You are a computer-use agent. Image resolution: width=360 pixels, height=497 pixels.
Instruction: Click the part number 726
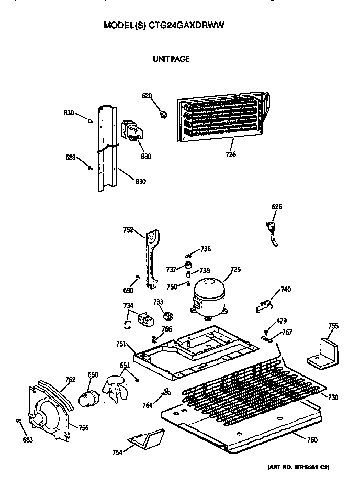tap(231, 154)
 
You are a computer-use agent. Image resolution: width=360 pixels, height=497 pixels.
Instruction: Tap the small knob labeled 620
tap(163, 113)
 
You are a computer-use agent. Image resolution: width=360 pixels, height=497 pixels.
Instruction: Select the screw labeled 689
tap(91, 168)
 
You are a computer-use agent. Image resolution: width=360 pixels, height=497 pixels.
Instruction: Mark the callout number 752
tap(128, 229)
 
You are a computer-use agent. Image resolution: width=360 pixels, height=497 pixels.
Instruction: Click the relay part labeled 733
tap(168, 316)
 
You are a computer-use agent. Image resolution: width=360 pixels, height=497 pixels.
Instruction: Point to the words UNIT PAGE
tap(171, 59)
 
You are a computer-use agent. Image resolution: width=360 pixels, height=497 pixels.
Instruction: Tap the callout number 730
tap(333, 397)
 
